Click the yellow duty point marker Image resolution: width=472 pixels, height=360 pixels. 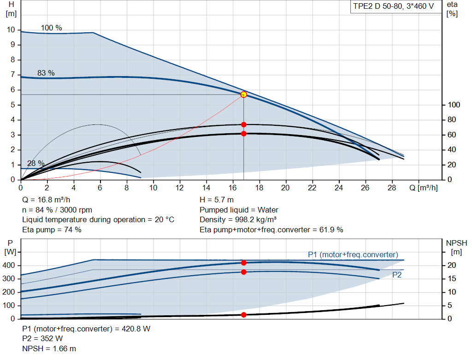(x=243, y=95)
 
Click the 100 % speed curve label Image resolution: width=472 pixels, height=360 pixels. (x=51, y=28)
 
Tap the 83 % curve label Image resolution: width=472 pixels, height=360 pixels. (x=46, y=73)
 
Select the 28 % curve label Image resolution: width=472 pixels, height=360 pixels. (x=36, y=164)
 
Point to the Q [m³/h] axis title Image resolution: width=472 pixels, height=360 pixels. (x=423, y=188)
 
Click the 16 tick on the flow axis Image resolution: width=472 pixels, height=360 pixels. (x=232, y=188)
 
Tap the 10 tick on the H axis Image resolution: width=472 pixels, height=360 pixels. (x=11, y=30)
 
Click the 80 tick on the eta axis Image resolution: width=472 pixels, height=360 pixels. (x=452, y=120)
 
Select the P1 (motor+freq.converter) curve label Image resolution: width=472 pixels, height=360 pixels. (x=353, y=254)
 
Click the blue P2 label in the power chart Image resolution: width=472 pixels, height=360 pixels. (x=397, y=275)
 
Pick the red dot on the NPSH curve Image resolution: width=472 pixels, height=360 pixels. (x=243, y=315)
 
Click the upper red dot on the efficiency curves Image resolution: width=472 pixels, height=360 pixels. (x=243, y=124)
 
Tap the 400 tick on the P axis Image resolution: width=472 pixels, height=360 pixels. (x=8, y=266)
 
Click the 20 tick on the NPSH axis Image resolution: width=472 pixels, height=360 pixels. (x=452, y=266)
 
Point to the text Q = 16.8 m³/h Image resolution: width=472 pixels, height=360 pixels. (x=46, y=200)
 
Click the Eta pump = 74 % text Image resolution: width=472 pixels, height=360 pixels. (x=52, y=230)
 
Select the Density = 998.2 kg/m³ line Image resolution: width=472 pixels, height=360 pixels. (x=238, y=220)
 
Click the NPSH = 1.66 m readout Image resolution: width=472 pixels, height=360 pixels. (x=49, y=348)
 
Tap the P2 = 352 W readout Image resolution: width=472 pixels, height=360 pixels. (x=42, y=339)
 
